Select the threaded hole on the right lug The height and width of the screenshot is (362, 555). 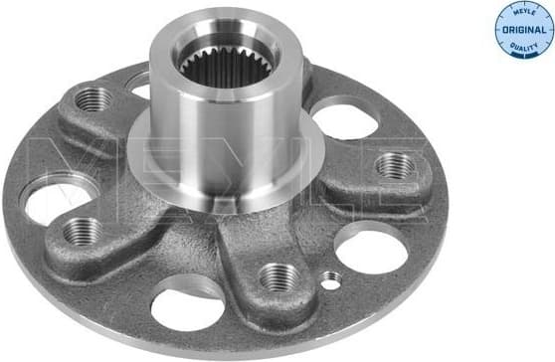point(395,166)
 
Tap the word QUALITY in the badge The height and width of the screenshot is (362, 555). point(523,44)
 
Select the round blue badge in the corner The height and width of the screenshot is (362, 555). point(523,29)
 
